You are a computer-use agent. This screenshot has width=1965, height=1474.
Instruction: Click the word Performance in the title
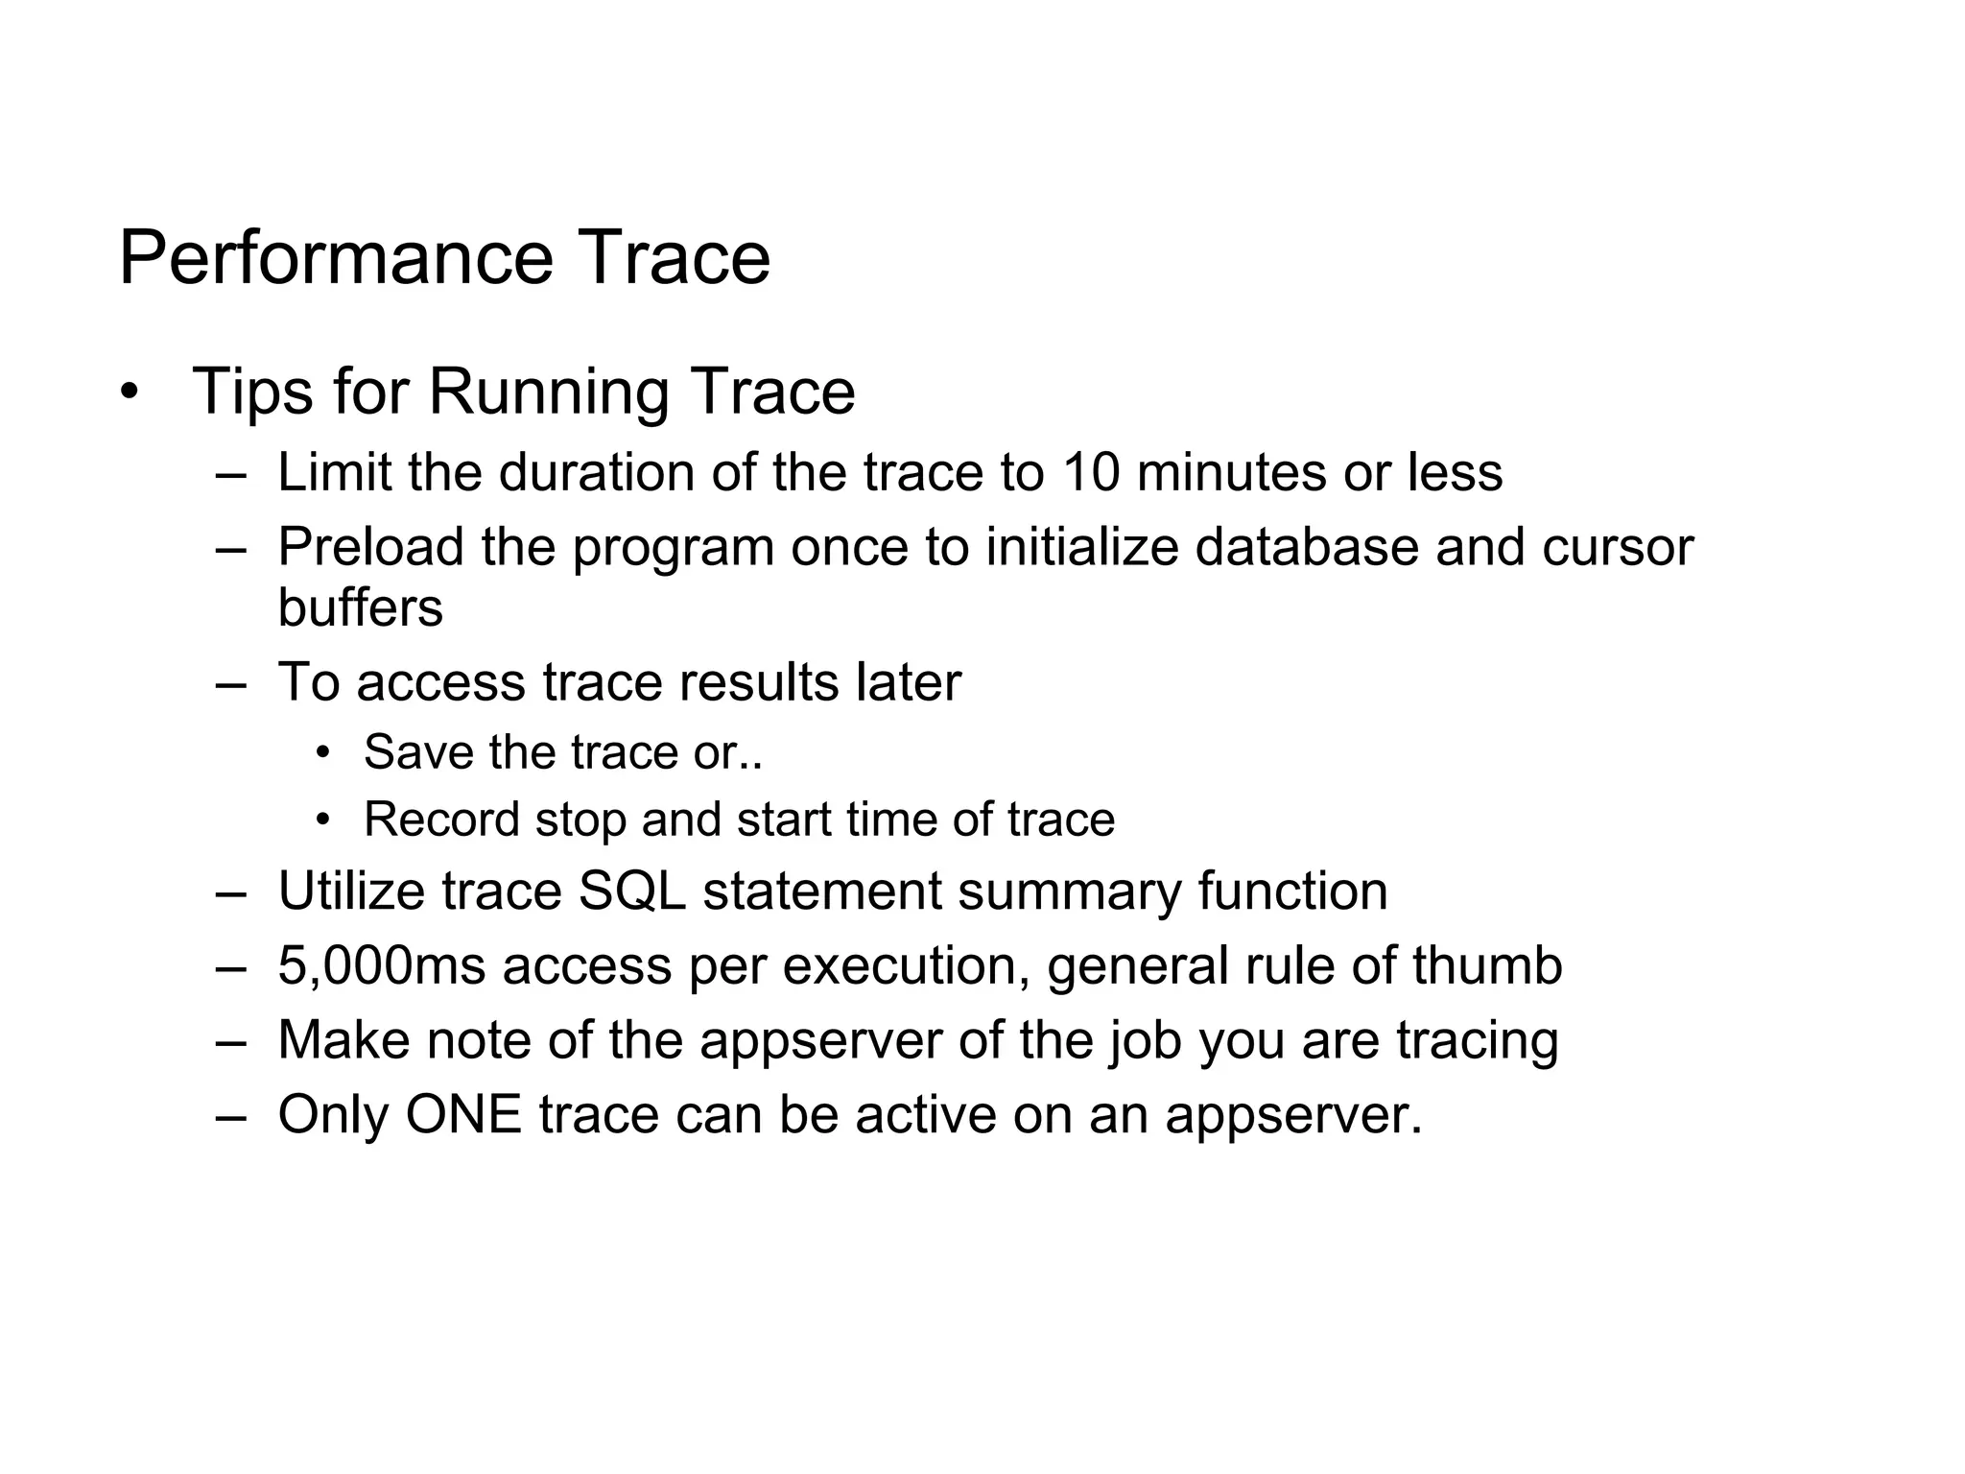point(336,259)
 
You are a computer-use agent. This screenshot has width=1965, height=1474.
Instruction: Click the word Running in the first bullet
point(548,392)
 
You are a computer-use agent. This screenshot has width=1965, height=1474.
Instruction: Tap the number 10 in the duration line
point(1090,472)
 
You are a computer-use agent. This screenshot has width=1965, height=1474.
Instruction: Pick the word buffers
point(360,607)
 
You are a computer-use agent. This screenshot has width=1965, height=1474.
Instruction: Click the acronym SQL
point(632,892)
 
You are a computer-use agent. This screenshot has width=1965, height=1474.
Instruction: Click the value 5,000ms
point(382,965)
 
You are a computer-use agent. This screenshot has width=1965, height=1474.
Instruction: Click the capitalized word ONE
point(463,1115)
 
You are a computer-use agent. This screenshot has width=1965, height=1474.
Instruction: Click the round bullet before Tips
point(130,393)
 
